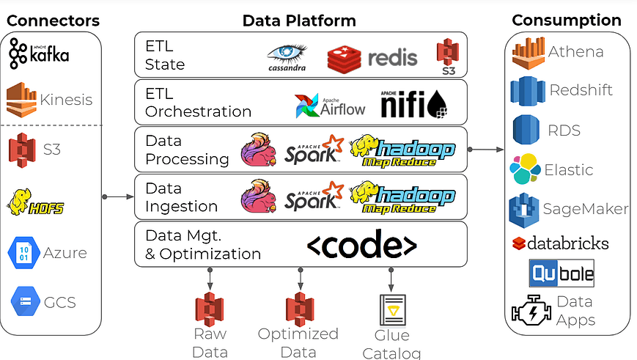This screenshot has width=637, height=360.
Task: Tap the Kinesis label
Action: click(x=67, y=100)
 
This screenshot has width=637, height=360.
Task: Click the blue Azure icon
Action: click(x=22, y=253)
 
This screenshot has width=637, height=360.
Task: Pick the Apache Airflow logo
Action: click(x=330, y=106)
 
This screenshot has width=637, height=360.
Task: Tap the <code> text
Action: click(x=361, y=245)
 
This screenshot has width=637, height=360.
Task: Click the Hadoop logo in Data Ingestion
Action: click(x=402, y=197)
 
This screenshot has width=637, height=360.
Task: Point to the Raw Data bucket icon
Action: click(x=210, y=309)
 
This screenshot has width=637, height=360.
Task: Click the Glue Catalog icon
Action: click(x=391, y=310)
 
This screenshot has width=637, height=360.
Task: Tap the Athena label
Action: click(x=576, y=51)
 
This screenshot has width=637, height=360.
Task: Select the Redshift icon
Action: click(x=526, y=91)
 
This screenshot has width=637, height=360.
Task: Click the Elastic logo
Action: click(x=526, y=169)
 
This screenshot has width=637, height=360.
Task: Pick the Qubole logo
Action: click(x=561, y=273)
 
